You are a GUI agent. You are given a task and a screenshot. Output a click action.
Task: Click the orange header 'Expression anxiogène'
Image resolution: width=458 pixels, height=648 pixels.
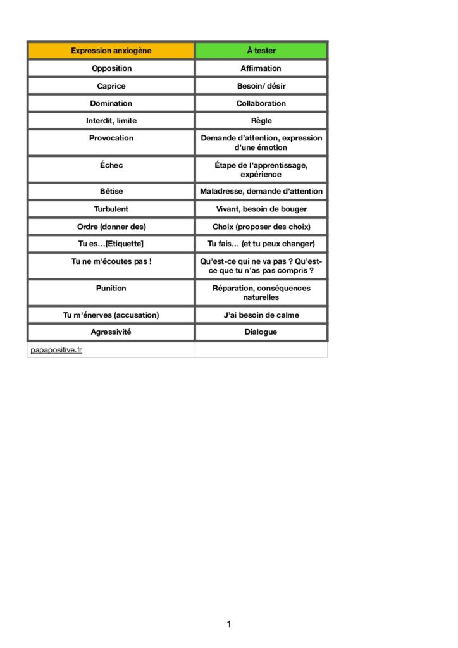click(x=111, y=51)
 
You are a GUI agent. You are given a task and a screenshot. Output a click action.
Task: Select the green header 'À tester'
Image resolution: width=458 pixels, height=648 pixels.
click(x=261, y=51)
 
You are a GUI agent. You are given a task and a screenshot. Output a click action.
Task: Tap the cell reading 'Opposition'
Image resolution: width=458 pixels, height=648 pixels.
click(x=111, y=68)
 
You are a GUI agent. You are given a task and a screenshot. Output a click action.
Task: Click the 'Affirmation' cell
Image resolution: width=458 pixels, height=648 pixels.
click(x=261, y=68)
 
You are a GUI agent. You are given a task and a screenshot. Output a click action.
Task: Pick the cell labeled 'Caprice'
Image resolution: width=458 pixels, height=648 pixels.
click(x=111, y=85)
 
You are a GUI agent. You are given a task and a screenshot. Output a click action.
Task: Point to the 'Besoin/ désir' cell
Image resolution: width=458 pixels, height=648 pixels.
click(x=261, y=85)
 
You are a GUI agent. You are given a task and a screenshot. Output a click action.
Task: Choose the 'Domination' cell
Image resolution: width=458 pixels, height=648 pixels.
click(x=111, y=103)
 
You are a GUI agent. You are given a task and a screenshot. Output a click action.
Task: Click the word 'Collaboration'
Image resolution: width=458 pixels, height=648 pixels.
click(x=261, y=103)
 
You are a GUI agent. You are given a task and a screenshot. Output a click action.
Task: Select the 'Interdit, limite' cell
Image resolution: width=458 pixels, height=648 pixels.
click(x=111, y=120)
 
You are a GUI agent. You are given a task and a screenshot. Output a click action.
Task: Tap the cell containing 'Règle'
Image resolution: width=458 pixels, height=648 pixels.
click(x=261, y=120)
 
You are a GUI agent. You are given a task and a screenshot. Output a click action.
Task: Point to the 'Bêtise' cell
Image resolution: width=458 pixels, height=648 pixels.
click(x=111, y=191)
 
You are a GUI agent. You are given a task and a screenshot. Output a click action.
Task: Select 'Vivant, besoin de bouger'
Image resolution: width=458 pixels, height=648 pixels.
click(x=261, y=208)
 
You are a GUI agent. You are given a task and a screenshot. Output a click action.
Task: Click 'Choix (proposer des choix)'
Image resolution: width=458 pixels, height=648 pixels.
click(x=261, y=226)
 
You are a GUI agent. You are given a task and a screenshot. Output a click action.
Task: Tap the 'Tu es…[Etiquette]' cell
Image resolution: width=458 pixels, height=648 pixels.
click(x=111, y=244)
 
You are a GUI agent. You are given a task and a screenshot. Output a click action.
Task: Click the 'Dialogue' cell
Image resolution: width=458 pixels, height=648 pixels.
click(x=261, y=332)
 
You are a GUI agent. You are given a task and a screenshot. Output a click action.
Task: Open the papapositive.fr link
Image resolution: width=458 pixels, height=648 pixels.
click(x=56, y=349)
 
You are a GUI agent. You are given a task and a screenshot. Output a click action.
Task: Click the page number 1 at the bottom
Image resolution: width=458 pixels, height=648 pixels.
click(x=228, y=625)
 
